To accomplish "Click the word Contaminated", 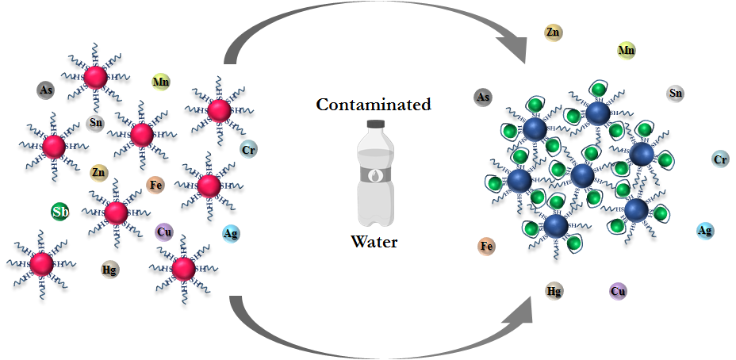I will [374, 104].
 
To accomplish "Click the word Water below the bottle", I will [374, 241].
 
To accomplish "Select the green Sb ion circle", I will [60, 212].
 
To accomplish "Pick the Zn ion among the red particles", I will [99, 172].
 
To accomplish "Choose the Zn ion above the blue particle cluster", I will [554, 33].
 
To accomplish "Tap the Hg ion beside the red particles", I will [110, 269].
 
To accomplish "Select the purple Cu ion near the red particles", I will [164, 232].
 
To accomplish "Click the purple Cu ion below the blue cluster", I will [619, 291].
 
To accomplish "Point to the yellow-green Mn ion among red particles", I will [161, 82].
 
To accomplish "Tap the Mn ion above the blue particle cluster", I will [627, 51].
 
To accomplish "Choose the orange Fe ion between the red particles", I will [156, 186].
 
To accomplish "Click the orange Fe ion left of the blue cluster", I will [487, 246].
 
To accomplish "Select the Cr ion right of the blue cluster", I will [720, 159].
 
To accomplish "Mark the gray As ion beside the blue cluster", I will [483, 98].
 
